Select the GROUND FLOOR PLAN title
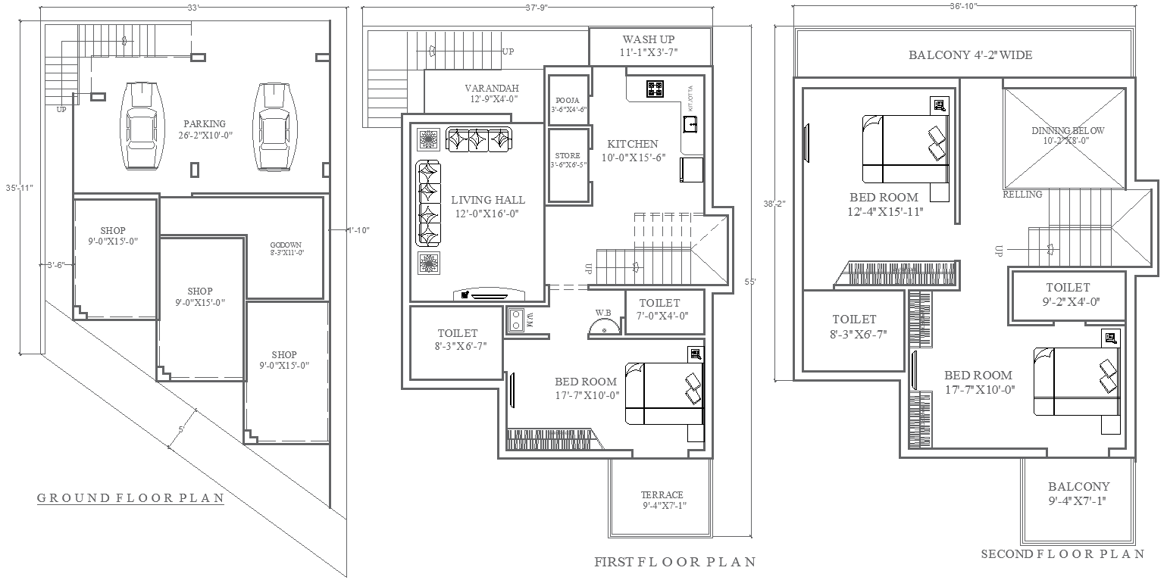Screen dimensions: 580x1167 point(131,498)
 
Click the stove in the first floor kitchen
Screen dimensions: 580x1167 point(655,89)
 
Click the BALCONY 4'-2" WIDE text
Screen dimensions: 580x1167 point(970,55)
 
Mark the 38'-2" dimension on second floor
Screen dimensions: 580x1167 point(775,204)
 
